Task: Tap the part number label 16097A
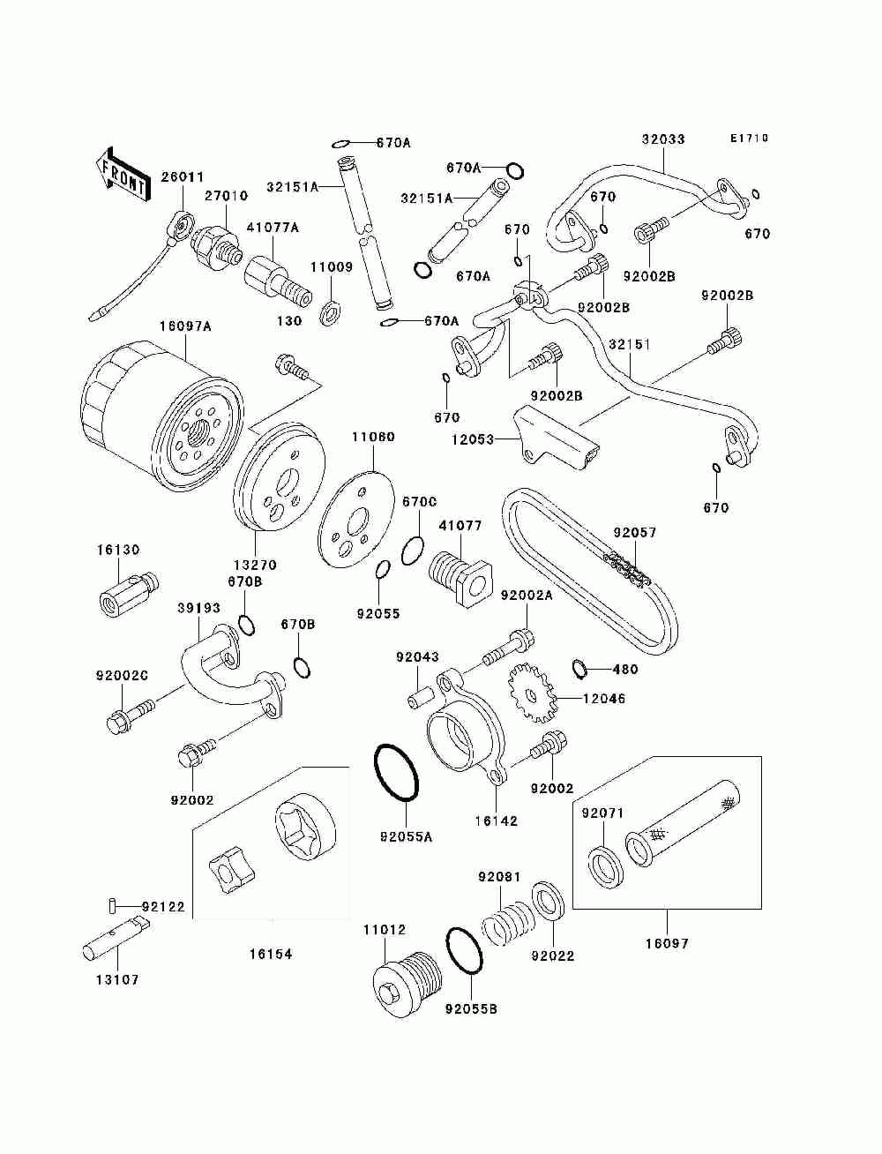tap(185, 327)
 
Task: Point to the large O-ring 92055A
tap(398, 774)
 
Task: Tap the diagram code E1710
tap(749, 139)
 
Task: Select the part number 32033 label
tap(662, 139)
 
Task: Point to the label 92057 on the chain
tap(635, 533)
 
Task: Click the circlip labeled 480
tap(579, 670)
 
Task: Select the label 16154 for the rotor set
tap(270, 954)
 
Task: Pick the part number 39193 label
tap(198, 609)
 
